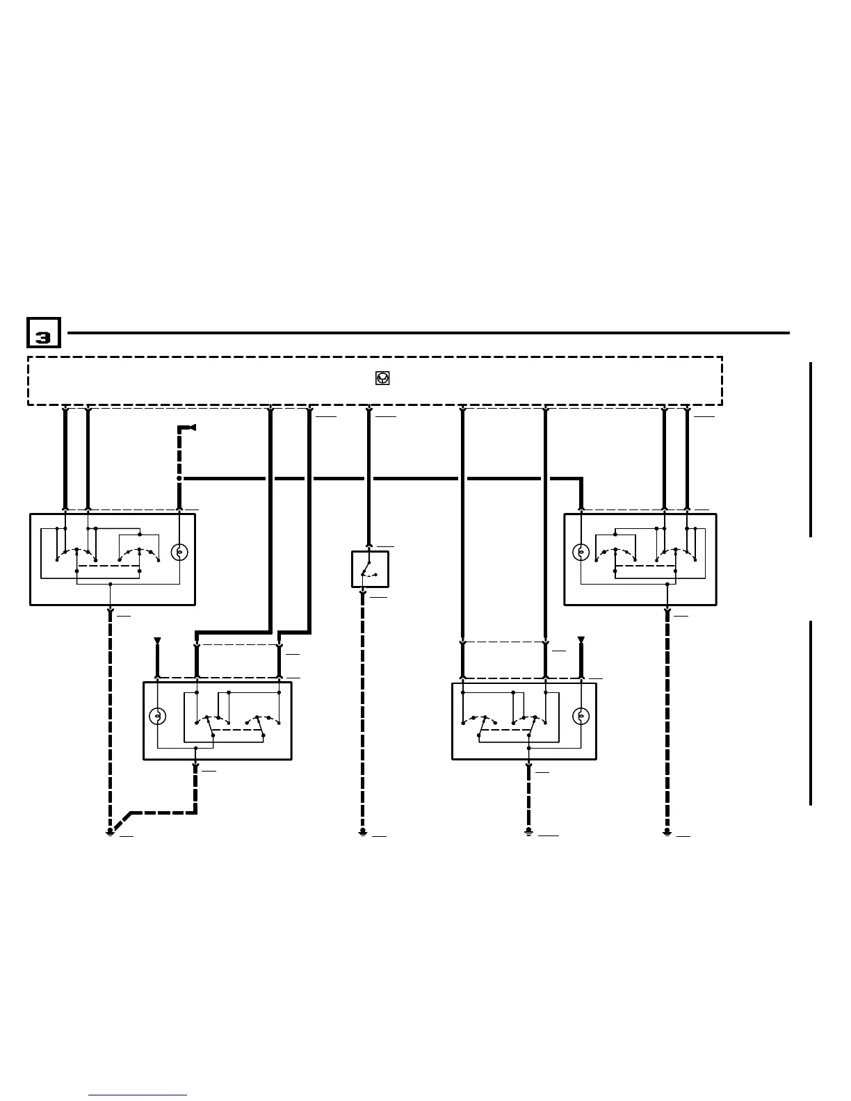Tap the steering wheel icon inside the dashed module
tap(382, 378)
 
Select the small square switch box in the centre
tap(370, 569)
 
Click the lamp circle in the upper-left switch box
tap(179, 553)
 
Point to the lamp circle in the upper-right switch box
tap(581, 553)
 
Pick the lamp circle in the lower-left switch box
tap(158, 716)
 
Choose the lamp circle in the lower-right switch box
tap(581, 716)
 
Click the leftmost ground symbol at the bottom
tap(110, 831)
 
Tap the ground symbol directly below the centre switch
tap(363, 831)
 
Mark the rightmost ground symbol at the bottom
tap(667, 831)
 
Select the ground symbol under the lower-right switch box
tap(528, 831)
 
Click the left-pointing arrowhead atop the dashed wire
tap(191, 427)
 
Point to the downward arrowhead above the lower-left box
tap(157, 640)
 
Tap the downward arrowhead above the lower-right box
tap(581, 640)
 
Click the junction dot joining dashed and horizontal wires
tap(179, 478)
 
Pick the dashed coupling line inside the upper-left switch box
tap(108, 566)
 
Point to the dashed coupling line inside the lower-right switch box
tap(505, 730)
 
